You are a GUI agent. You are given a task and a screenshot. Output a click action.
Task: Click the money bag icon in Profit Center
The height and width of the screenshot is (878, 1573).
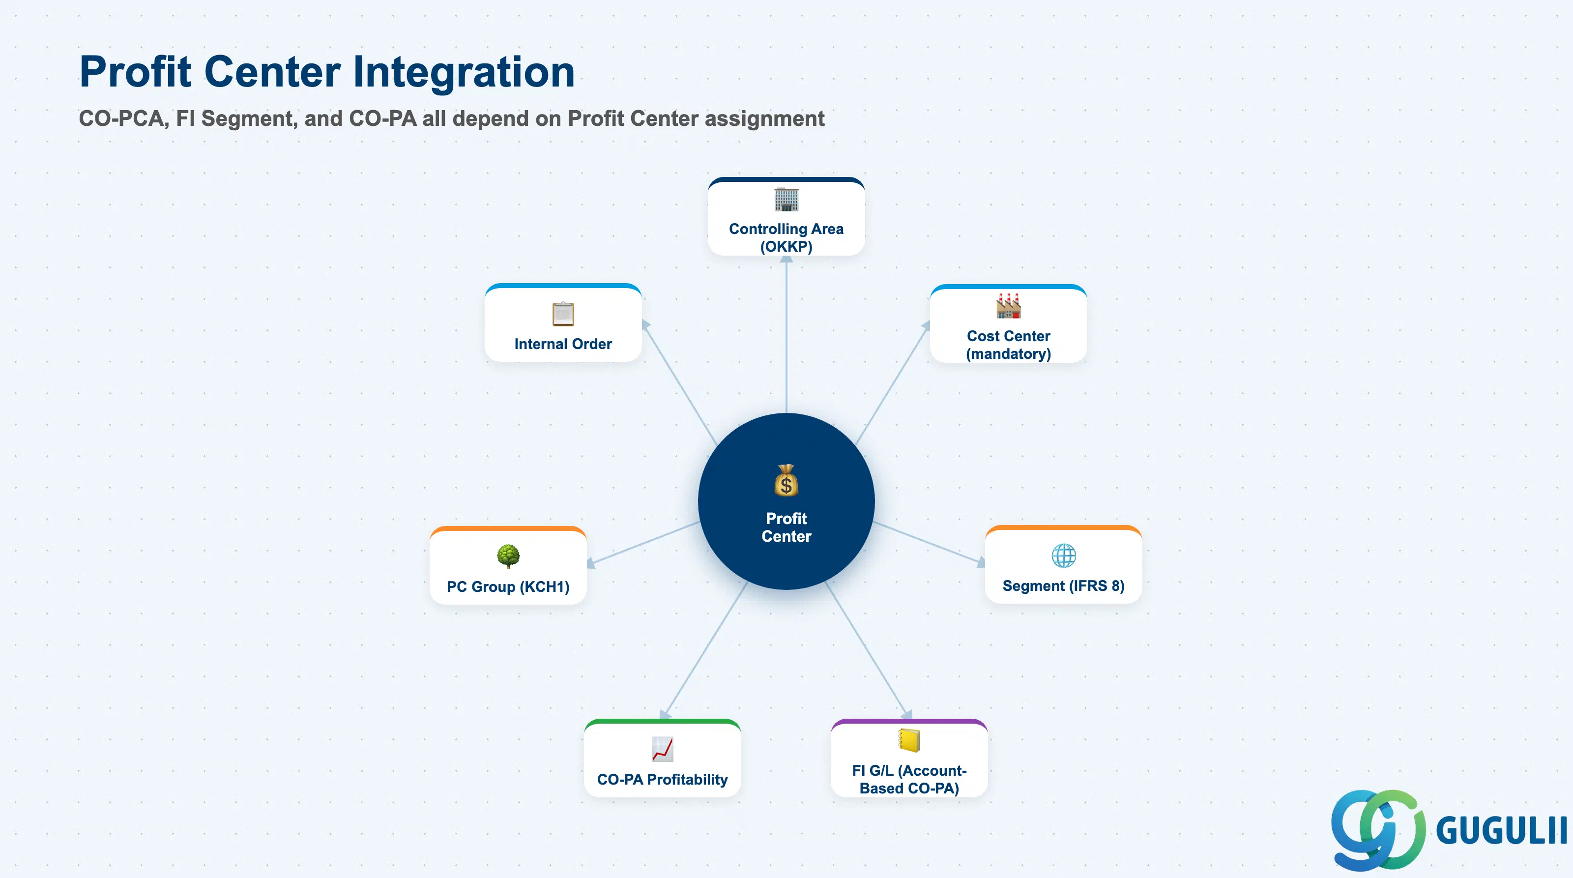tap(786, 480)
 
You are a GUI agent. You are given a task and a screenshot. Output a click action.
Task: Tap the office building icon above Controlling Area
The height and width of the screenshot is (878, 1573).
tap(786, 200)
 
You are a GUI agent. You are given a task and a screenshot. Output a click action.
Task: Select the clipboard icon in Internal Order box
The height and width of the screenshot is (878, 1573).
tap(563, 314)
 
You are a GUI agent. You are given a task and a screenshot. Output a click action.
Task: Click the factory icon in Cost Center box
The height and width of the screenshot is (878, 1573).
tap(1008, 306)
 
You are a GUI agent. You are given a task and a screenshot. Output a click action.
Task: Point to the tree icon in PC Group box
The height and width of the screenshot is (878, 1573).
tap(508, 556)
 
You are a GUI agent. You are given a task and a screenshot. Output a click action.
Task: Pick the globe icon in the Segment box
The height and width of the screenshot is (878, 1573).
tap(1064, 556)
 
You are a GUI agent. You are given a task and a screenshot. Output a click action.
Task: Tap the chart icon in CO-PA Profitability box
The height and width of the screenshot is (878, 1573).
tap(663, 749)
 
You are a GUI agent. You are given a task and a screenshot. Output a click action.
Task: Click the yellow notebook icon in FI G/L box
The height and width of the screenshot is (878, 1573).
tap(909, 740)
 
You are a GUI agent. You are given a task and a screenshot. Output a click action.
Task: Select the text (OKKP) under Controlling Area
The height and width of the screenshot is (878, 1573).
tap(786, 247)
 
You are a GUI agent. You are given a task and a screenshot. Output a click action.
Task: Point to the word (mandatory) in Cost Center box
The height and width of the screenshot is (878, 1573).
tap(1008, 354)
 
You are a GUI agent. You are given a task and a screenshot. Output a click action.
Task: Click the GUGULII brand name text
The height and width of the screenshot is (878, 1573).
tap(1501, 830)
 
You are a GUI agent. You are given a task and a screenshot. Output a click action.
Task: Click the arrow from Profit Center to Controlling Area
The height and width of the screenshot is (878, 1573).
tap(786, 334)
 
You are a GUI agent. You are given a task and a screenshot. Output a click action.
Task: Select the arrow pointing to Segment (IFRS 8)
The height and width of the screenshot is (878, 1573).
tap(929, 542)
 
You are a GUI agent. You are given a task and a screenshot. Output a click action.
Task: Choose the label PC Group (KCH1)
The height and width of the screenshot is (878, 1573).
tap(508, 587)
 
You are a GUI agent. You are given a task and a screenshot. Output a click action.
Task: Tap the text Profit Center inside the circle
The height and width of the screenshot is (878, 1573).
tap(786, 527)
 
